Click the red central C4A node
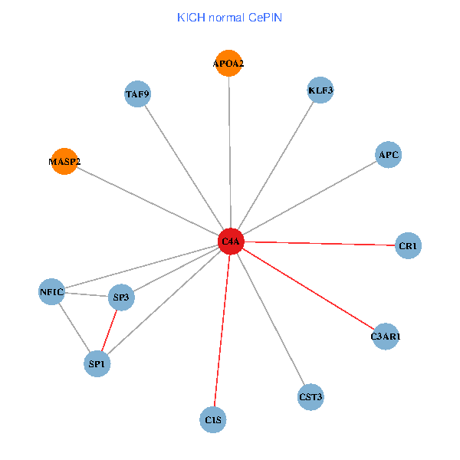tap(231, 242)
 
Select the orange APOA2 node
tap(228, 63)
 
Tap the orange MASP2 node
tap(64, 161)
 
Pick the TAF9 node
tap(137, 94)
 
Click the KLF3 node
tap(320, 90)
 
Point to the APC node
tap(389, 155)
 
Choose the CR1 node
tap(408, 246)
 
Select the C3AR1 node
tap(386, 336)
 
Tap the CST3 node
tap(310, 397)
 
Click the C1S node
tap(214, 419)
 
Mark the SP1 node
tap(97, 363)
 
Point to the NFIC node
tap(52, 291)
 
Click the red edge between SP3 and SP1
tap(110, 330)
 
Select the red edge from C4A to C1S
tap(222, 330)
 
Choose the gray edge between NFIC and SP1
tap(74, 327)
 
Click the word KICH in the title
tap(189, 17)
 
